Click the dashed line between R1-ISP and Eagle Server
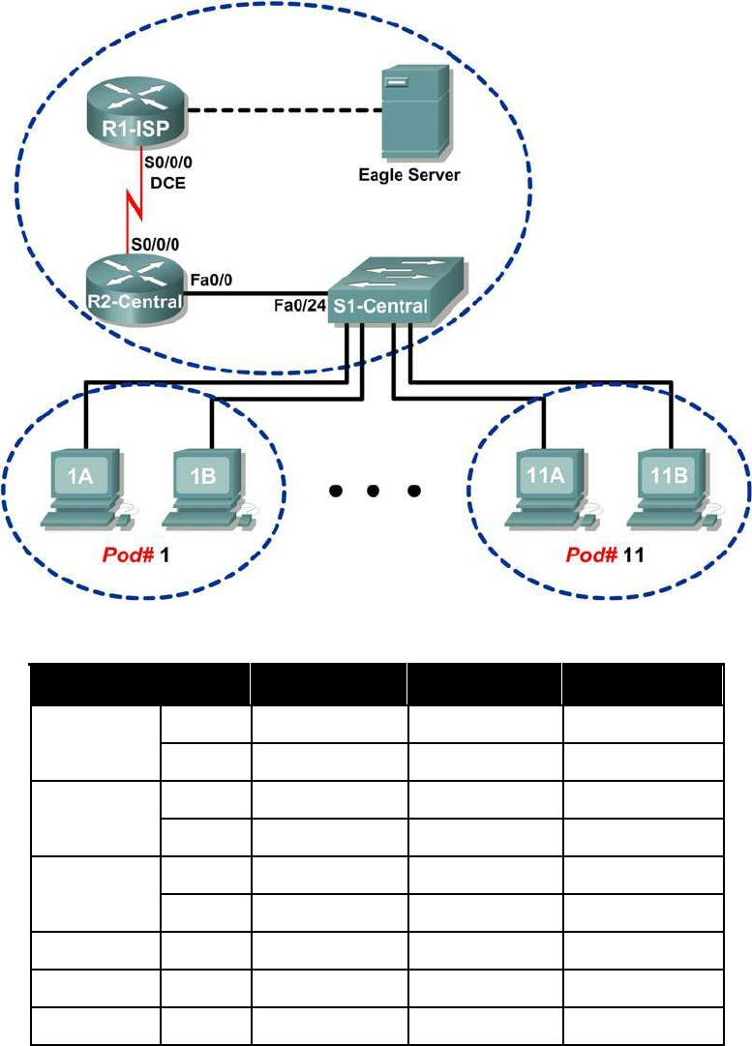pyautogui.click(x=281, y=110)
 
